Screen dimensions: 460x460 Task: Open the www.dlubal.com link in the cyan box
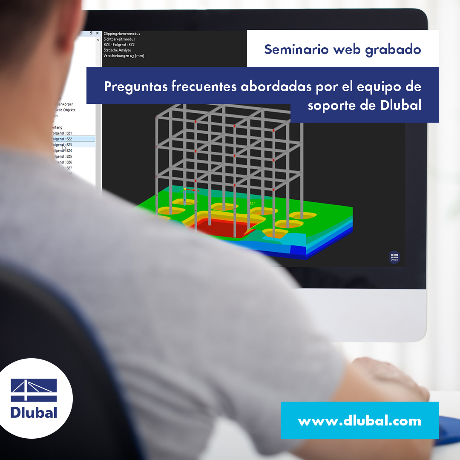[x=359, y=421]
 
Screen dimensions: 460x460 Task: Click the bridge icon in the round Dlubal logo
[x=34, y=390]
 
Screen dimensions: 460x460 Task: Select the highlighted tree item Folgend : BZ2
[x=62, y=139]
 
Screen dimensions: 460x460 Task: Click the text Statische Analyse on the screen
[x=117, y=50]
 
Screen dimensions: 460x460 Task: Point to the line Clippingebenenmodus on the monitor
[x=122, y=34]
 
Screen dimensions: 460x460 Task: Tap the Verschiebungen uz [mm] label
[x=124, y=56]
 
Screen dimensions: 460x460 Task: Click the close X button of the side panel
[x=97, y=33]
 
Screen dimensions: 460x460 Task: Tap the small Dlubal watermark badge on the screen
[x=394, y=257]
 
